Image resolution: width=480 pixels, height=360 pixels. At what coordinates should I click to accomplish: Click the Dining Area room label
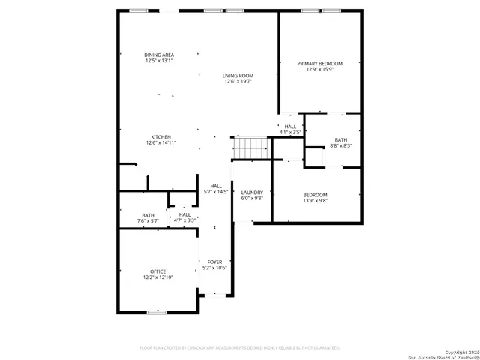159,55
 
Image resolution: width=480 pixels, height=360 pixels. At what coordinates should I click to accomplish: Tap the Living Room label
238,75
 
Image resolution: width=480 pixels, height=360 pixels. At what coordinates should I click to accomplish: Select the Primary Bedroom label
319,64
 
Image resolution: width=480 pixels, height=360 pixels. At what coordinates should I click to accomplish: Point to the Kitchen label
161,137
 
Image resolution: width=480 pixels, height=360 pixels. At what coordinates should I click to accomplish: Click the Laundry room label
252,193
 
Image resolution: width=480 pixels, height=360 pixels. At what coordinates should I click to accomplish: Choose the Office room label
157,271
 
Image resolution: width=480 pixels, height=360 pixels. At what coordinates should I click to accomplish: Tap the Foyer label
214,262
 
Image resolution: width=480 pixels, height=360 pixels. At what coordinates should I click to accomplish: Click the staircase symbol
250,148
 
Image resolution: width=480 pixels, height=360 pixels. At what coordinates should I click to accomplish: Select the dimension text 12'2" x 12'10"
157,277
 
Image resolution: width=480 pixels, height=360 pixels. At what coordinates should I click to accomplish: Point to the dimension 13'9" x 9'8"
315,201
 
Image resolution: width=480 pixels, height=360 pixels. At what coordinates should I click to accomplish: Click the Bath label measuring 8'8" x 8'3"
341,140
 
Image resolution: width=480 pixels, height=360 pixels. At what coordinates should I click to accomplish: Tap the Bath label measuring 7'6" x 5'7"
148,215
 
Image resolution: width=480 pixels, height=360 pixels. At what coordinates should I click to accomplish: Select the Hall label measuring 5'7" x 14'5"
216,186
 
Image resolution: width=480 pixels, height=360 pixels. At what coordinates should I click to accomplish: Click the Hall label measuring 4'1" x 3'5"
290,127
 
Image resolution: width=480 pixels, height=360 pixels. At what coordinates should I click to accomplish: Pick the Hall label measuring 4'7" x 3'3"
184,215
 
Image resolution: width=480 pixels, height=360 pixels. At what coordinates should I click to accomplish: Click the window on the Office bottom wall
157,312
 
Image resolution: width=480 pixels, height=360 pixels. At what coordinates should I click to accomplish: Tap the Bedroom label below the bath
315,195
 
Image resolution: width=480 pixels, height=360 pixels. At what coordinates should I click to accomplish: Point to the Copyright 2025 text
458,352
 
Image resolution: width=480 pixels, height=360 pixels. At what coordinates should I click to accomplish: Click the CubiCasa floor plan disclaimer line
240,348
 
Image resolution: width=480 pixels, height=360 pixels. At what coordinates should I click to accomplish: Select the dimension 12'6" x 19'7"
238,81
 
